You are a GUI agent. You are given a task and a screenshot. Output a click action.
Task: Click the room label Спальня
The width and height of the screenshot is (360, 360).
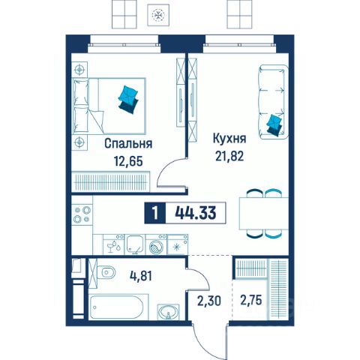128,144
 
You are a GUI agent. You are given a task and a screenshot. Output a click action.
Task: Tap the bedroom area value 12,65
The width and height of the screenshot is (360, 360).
128,160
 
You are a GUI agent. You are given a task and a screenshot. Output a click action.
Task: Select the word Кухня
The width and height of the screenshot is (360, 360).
229,139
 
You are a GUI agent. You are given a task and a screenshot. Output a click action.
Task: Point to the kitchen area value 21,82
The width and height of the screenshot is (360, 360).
229,156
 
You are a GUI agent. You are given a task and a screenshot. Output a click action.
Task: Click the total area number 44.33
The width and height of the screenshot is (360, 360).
196,213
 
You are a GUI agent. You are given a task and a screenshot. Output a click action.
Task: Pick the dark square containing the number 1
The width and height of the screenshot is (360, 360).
155,213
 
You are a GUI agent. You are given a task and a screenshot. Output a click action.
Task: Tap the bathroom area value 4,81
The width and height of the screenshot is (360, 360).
141,276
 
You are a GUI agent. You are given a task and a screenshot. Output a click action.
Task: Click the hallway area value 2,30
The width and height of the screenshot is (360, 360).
209,301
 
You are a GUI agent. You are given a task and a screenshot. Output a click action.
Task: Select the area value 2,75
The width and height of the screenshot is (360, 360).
251,300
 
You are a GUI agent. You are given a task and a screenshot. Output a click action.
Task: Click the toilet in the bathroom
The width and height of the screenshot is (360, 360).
106,272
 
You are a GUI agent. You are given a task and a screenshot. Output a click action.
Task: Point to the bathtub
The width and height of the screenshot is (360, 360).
116,307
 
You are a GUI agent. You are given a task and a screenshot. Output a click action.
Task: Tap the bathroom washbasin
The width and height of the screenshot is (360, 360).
169,312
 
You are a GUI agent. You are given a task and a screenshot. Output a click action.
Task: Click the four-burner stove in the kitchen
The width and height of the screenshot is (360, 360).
82,214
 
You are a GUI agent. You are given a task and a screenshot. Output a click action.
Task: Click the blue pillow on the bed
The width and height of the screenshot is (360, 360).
128,100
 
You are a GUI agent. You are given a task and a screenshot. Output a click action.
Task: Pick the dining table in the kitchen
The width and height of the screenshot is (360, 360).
264,213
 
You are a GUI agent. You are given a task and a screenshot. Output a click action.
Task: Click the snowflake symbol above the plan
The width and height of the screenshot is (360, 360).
158,15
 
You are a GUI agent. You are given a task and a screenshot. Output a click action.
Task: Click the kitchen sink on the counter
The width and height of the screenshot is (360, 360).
135,244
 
